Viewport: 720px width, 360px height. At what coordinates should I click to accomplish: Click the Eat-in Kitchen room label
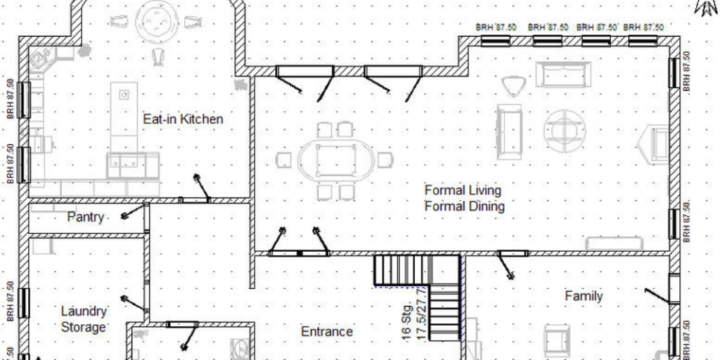183,120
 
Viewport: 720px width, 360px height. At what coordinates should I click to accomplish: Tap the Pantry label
86,217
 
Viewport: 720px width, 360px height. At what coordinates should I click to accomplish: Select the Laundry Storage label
84,319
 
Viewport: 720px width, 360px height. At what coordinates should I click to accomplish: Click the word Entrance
327,331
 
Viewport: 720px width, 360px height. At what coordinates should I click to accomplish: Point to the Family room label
584,296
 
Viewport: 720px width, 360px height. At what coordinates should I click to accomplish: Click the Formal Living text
463,191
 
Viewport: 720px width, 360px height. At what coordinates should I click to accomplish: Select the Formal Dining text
464,207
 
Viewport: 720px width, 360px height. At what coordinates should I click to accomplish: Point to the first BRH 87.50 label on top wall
496,27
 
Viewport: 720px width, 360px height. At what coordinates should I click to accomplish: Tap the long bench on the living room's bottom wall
614,243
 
